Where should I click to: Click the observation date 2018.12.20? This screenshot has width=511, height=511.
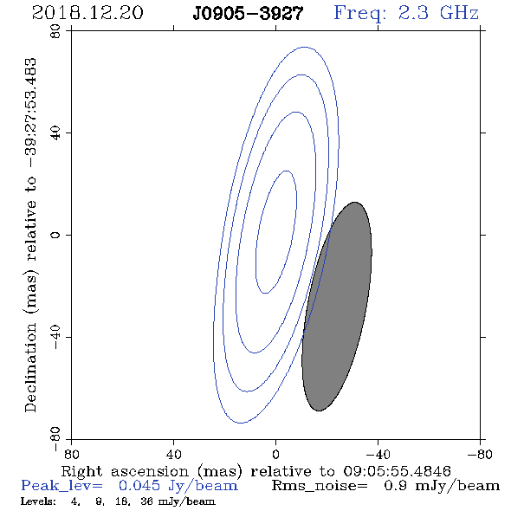coord(87,13)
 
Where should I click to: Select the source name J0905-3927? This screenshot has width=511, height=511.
coord(248,14)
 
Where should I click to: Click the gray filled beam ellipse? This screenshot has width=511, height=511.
coord(337,307)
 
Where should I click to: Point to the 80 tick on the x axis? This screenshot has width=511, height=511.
coord(71,455)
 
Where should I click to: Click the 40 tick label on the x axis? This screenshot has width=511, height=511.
coord(173,455)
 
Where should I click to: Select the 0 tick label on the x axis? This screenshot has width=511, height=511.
coord(275,455)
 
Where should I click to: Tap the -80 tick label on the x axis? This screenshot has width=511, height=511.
coord(480,455)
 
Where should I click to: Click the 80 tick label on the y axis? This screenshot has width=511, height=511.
coord(55,31)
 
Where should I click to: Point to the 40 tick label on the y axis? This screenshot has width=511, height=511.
coord(55,133)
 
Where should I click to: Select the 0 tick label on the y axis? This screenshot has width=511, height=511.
coord(55,235)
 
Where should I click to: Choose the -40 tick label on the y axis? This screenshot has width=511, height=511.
coord(55,337)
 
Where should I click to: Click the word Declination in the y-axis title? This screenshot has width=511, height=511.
coord(30,367)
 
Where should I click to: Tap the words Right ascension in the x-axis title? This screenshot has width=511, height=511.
coord(125,471)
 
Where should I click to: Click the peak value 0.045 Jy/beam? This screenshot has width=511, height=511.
coord(178,486)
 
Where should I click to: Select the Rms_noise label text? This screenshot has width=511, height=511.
coord(320,486)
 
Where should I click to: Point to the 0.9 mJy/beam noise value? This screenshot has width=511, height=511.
coord(442,486)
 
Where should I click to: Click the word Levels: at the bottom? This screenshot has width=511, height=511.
coord(38,501)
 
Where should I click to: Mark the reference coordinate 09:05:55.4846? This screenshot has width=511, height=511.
coord(398,471)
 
